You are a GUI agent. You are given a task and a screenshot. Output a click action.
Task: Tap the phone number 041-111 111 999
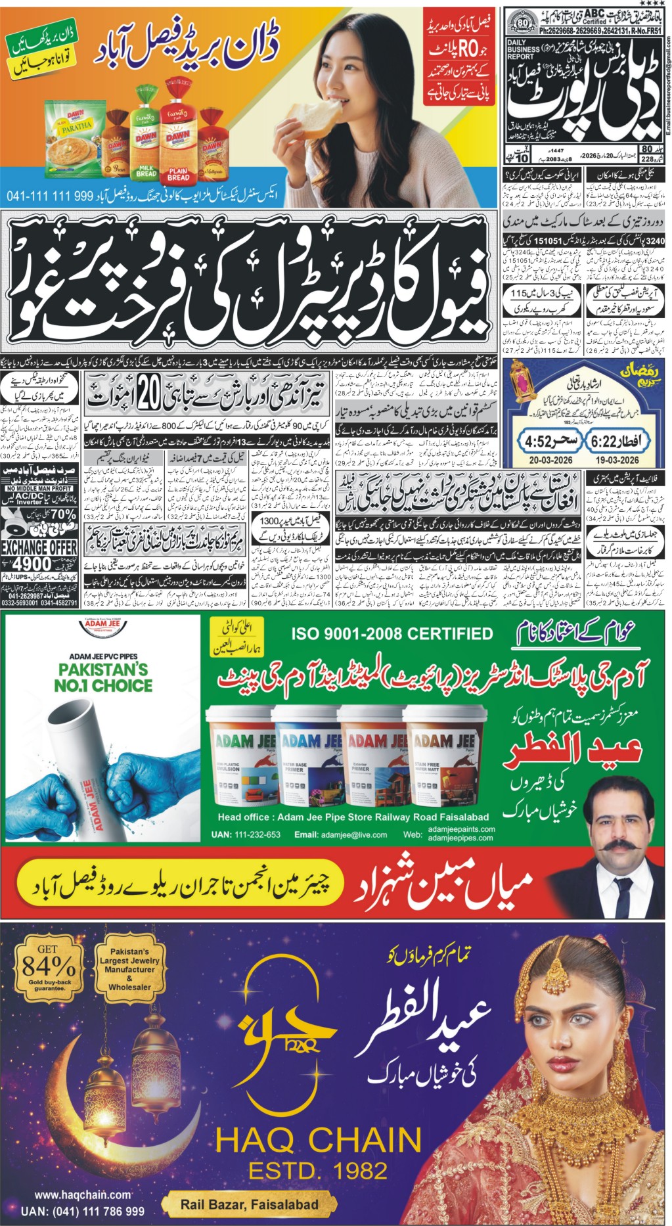tap(50, 196)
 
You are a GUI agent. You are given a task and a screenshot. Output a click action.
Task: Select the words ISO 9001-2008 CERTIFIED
tap(392, 633)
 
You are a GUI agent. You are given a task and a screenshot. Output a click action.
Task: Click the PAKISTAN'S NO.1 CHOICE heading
tap(102, 677)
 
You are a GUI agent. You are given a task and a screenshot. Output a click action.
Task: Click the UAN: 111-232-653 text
tap(246, 834)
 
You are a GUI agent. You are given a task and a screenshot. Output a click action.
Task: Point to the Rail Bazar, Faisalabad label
tap(249, 1204)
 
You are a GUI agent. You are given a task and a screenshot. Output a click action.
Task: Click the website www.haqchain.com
tap(82, 1195)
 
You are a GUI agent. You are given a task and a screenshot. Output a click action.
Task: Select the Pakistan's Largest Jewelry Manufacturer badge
tap(129, 969)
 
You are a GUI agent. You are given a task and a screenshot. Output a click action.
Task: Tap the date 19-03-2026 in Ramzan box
tap(617, 460)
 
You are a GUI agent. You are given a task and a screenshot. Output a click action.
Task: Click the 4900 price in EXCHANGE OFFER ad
tap(31, 564)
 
